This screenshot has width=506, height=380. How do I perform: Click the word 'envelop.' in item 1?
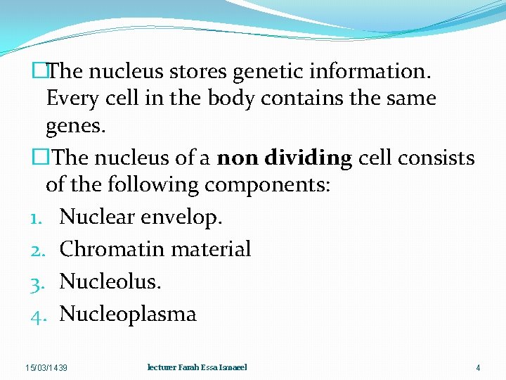click(183, 217)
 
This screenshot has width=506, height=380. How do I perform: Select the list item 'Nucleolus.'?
click(110, 281)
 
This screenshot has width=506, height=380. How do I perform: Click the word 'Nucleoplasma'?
click(128, 314)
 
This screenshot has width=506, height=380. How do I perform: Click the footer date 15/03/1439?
click(46, 368)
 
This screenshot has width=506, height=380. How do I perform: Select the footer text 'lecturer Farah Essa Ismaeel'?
click(197, 367)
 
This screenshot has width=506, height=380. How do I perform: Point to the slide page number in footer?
click(478, 368)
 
